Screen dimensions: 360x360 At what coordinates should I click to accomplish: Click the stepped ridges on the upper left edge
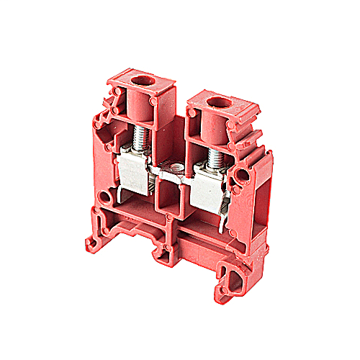[x=108, y=108]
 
